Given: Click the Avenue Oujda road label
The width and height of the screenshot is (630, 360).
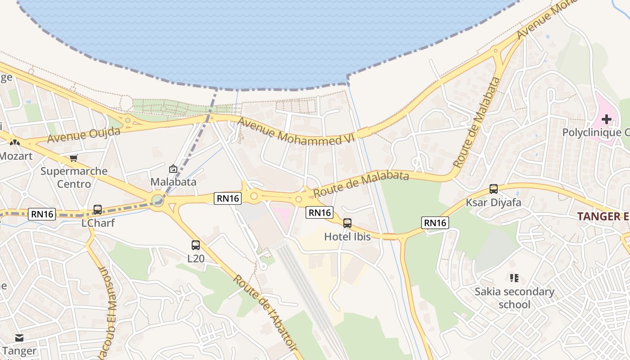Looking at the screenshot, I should click(84, 135).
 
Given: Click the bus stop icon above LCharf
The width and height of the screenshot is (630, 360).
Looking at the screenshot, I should click(97, 210).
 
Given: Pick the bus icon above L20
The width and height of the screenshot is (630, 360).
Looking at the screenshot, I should click(196, 245).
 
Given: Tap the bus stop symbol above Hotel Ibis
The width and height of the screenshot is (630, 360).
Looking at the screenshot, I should click(347, 223).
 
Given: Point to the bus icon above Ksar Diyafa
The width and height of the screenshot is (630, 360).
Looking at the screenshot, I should click(494, 189).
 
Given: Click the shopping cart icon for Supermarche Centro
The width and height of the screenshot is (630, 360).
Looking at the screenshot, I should click(74, 158).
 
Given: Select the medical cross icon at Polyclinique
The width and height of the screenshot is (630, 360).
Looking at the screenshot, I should click(607, 119).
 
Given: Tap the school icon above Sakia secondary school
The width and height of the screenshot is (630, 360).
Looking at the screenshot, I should click(514, 278).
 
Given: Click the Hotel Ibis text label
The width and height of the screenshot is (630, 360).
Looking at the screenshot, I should click(347, 236).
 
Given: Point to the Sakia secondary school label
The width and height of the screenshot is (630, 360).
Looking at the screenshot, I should click(514, 298).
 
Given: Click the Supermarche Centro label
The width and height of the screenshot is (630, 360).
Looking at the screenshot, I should click(74, 177).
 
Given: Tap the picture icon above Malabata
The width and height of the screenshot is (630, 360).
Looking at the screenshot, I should click(173, 169).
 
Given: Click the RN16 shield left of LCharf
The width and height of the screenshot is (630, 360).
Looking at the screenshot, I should click(43, 214).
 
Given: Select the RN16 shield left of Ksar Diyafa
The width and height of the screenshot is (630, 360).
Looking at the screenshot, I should click(436, 222).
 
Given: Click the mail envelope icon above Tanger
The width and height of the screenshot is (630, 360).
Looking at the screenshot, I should click(19, 337).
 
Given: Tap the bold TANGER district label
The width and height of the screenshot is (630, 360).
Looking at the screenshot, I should click(603, 216).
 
